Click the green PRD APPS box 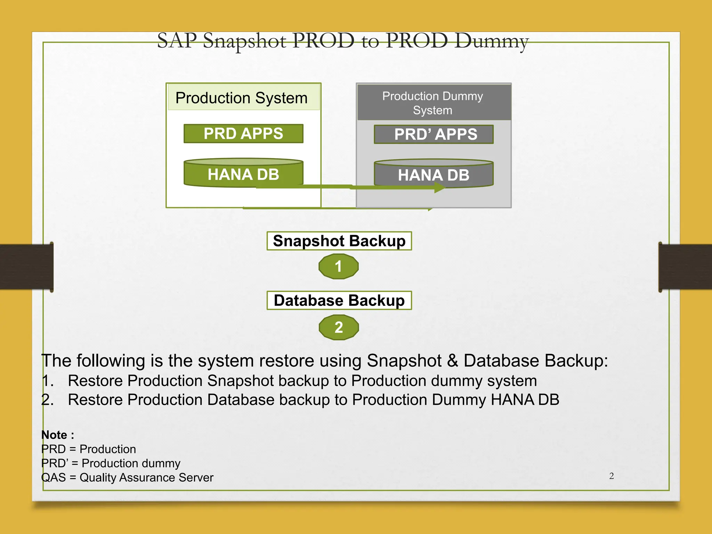[x=243, y=133]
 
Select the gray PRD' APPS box [x=434, y=134]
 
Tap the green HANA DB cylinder [x=243, y=174]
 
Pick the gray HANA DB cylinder [x=434, y=174]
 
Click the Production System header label [x=242, y=98]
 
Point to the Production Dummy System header [x=433, y=103]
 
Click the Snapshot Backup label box [x=339, y=241]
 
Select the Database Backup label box [x=339, y=300]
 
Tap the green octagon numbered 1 [x=338, y=267]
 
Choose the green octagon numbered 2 [x=339, y=327]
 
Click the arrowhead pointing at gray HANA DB [x=440, y=188]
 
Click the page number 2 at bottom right [x=611, y=476]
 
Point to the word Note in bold [x=54, y=435]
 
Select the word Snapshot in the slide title [x=245, y=41]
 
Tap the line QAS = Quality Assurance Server [x=127, y=478]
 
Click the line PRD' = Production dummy [x=111, y=463]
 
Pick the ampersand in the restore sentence [x=452, y=361]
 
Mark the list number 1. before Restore [x=48, y=381]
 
